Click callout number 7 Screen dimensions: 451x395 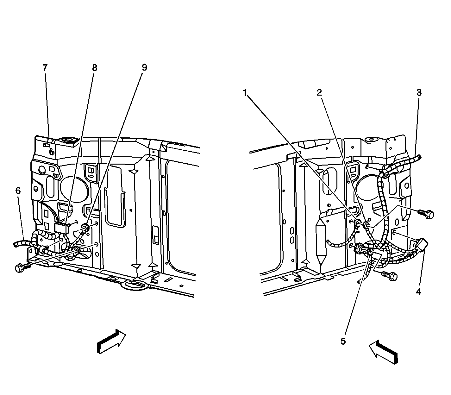coord(45,68)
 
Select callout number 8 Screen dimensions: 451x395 coord(95,68)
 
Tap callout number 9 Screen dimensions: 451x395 coord(144,67)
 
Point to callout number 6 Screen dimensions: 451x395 coord(18,191)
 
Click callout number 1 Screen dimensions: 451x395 coord(245,93)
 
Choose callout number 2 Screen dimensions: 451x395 coord(319,92)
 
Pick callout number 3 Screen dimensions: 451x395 coord(419,92)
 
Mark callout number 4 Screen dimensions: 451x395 coord(419,292)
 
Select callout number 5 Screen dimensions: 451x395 coord(343,341)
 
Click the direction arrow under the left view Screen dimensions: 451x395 coord(111,342)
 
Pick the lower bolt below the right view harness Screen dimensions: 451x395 coord(389,276)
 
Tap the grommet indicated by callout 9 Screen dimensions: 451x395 coord(85,227)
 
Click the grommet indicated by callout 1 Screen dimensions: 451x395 coord(357,223)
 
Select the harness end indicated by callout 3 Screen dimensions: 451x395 coord(418,158)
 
